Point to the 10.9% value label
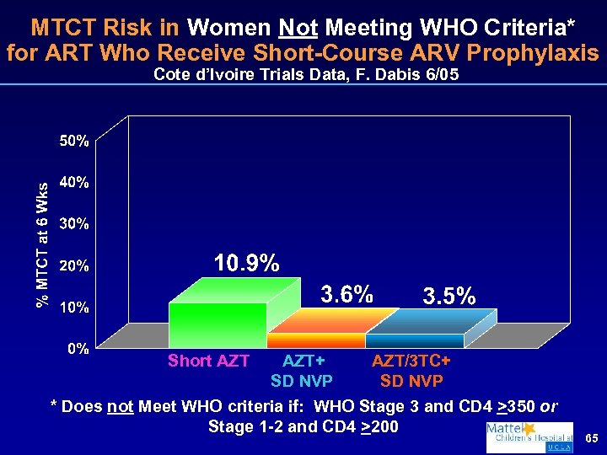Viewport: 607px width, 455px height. (x=246, y=264)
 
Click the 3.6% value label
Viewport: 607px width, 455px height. (x=346, y=294)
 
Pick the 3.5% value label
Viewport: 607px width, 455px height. (x=449, y=297)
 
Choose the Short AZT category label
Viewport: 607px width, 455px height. (x=208, y=361)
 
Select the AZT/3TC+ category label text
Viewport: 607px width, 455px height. (x=411, y=361)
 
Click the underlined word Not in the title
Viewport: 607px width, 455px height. (x=303, y=28)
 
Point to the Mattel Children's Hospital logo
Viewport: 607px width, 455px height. (x=529, y=437)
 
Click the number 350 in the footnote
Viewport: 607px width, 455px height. (x=523, y=406)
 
